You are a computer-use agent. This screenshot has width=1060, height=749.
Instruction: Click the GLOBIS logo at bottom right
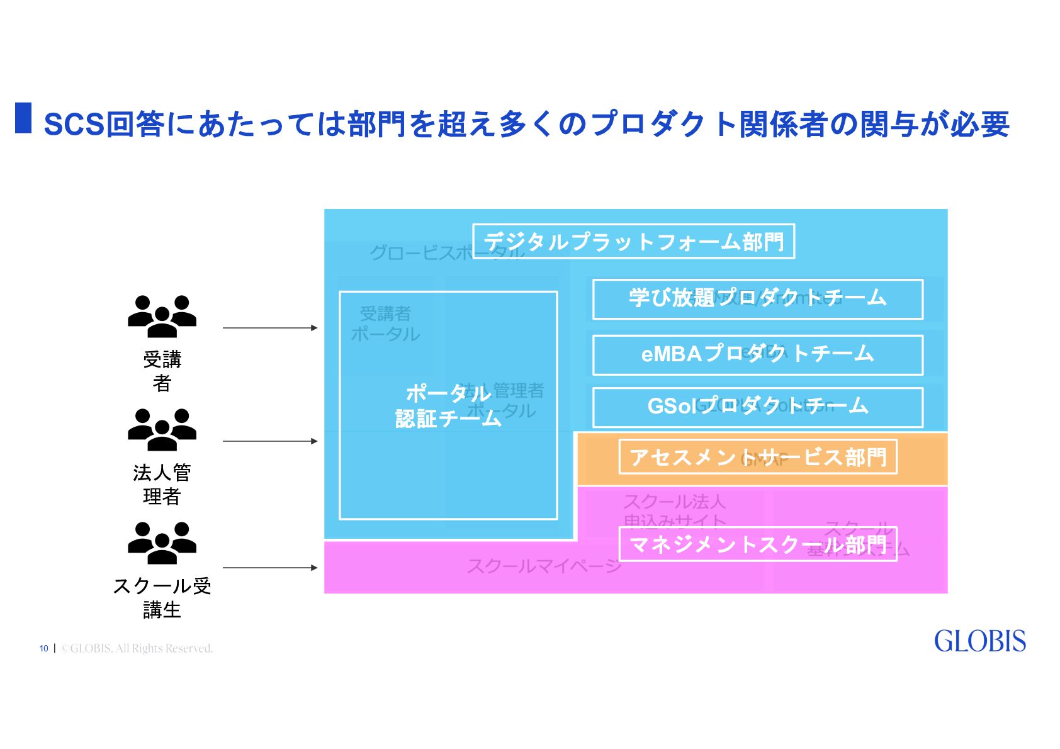(979, 641)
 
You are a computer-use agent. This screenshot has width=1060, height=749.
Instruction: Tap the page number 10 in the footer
(43, 648)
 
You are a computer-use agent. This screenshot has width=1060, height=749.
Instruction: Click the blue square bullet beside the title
(23, 118)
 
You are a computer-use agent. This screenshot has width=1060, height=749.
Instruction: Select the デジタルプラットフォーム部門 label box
(633, 242)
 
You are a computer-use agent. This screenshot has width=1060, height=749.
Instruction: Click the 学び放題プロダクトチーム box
(757, 299)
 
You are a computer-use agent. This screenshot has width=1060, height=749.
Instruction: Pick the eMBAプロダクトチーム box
(757, 355)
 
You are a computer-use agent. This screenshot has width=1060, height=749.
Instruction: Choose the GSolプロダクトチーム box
(757, 407)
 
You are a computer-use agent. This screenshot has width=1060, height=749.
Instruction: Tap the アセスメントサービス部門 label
(758, 457)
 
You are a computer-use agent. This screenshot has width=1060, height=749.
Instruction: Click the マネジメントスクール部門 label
(758, 544)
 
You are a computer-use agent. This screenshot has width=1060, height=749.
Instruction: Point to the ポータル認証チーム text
(448, 406)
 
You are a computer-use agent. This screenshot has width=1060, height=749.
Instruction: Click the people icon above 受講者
(162, 317)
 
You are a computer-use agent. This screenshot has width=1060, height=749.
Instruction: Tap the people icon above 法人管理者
(162, 430)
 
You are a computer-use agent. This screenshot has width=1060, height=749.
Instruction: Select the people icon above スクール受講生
(162, 543)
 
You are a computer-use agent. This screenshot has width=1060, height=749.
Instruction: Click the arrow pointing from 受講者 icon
(270, 328)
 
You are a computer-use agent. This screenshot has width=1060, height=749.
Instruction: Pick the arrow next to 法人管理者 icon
(270, 441)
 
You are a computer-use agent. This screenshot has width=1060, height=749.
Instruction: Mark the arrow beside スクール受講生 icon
(270, 568)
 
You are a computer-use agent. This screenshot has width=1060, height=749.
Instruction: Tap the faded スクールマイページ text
(544, 566)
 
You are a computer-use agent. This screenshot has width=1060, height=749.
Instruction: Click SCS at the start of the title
(74, 125)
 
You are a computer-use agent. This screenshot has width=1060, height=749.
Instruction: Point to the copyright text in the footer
(137, 648)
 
